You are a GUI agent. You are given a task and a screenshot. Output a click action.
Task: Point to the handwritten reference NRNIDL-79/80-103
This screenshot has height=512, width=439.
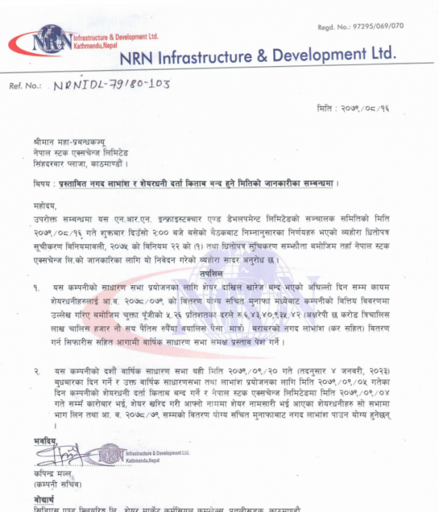pos(111,84)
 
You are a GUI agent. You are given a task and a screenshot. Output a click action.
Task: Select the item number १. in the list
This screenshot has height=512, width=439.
pos(37,287)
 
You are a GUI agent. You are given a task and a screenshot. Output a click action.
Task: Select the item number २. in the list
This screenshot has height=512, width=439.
pos(37,370)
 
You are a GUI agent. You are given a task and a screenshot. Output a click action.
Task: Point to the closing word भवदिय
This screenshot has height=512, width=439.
pos(45,440)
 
